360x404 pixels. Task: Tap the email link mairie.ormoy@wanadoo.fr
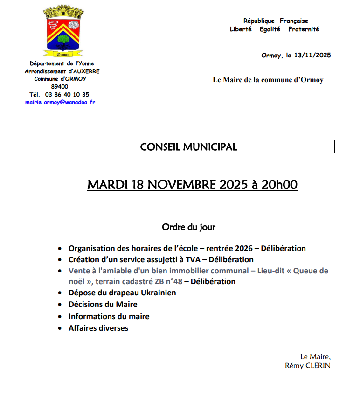tap(60, 102)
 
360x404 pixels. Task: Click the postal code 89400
tap(60, 87)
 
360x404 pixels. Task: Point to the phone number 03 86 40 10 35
tap(67, 94)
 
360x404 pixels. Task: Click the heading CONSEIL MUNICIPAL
tap(188, 147)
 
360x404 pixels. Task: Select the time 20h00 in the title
tap(279, 185)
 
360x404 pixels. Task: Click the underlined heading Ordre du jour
tap(188, 227)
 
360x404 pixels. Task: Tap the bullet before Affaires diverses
tap(59, 328)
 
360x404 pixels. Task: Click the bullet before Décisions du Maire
tap(59, 305)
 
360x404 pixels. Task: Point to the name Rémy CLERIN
tap(307, 366)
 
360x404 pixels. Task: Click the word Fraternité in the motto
tap(304, 29)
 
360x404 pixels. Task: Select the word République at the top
tap(259, 21)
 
